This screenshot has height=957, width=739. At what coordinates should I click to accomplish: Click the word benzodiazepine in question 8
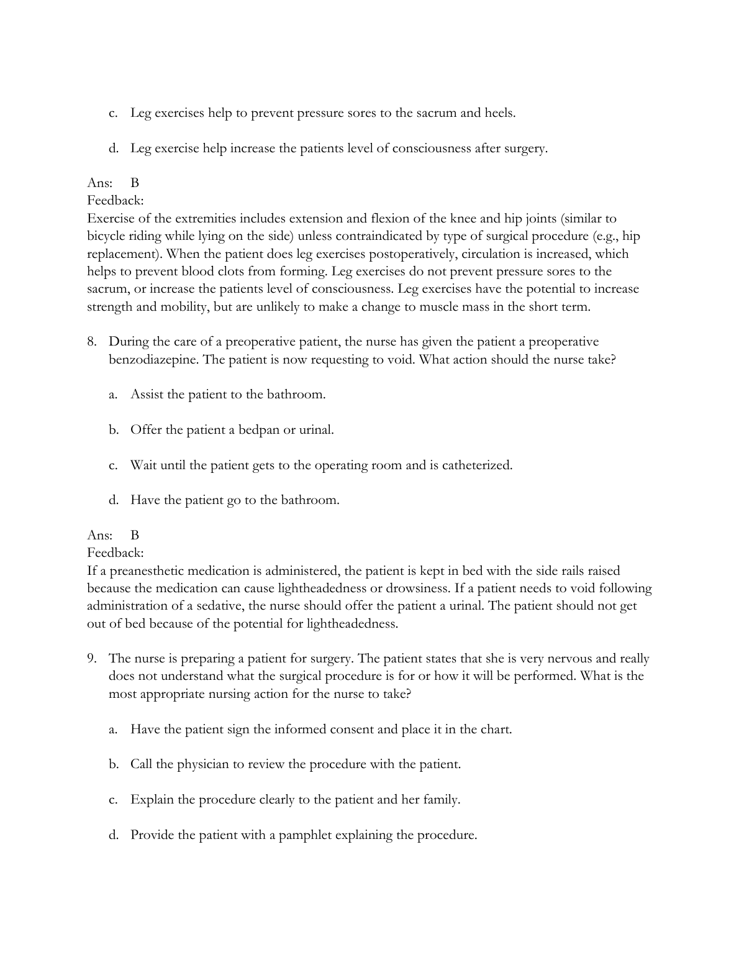(x=153, y=360)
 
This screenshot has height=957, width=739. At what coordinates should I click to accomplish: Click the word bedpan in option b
(x=259, y=430)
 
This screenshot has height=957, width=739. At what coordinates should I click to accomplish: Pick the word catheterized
(x=477, y=465)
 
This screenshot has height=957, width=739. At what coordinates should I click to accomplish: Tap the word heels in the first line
(x=499, y=113)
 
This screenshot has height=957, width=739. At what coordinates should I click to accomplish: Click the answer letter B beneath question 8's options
(x=135, y=535)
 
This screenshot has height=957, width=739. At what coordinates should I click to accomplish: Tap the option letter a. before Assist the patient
(x=113, y=395)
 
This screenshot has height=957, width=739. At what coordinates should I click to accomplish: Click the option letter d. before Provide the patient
(x=113, y=835)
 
